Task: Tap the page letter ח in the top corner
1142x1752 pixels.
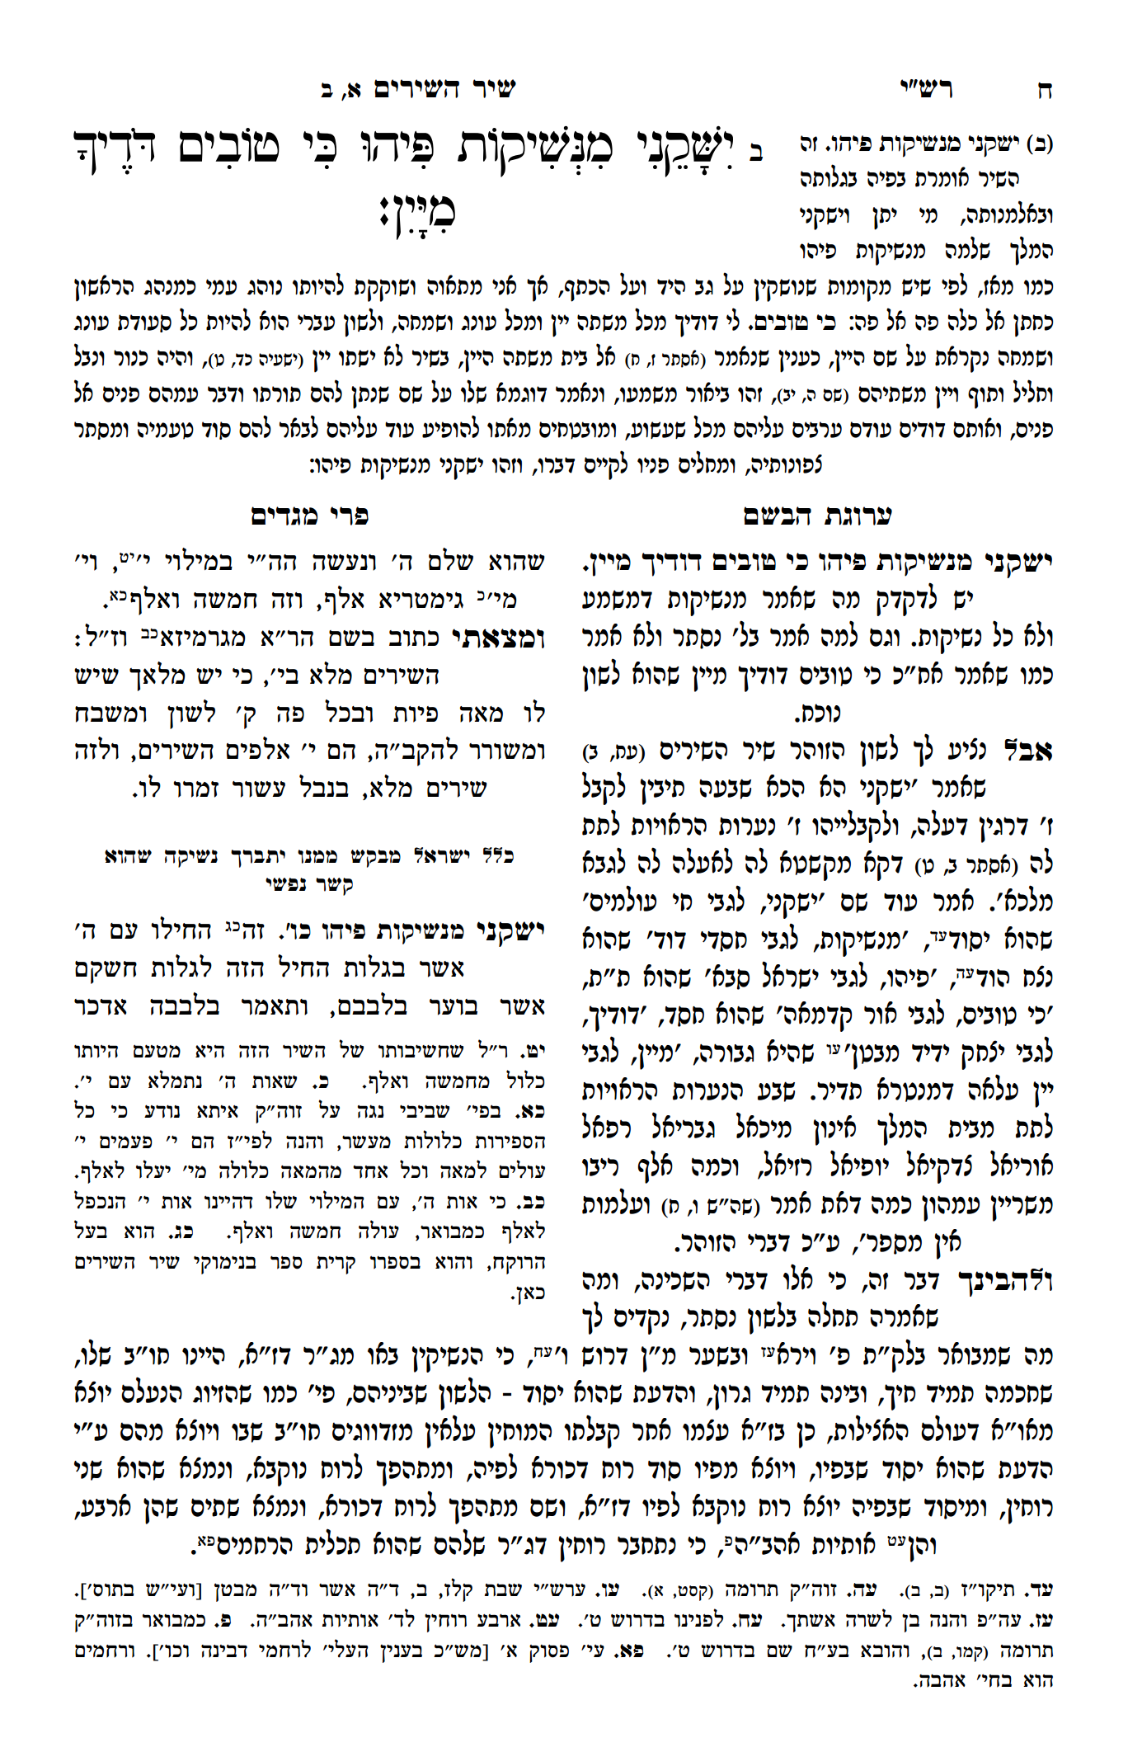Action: (x=1045, y=91)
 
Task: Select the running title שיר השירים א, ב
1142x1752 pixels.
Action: (x=418, y=89)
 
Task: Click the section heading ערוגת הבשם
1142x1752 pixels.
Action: (x=817, y=516)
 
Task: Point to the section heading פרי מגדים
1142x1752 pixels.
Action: (x=310, y=516)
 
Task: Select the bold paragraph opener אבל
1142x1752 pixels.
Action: (x=1026, y=751)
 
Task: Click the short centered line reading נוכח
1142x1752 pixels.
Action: (x=817, y=713)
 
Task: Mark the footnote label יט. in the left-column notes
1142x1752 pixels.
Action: (x=537, y=1052)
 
